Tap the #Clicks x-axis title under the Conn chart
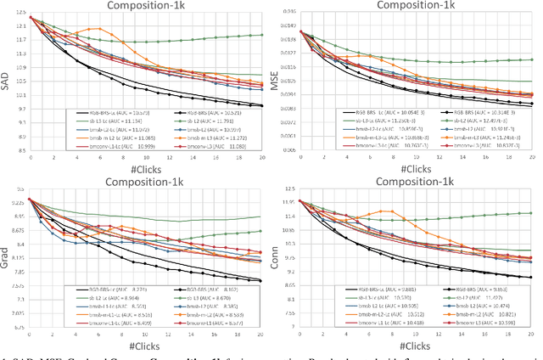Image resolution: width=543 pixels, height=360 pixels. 409,348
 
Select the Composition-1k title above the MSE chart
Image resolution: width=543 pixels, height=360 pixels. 409,6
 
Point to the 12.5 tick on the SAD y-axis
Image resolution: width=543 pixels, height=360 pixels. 20,16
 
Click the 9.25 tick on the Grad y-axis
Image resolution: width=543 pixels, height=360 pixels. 18,200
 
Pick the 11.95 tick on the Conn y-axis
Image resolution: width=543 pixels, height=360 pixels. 288,200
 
